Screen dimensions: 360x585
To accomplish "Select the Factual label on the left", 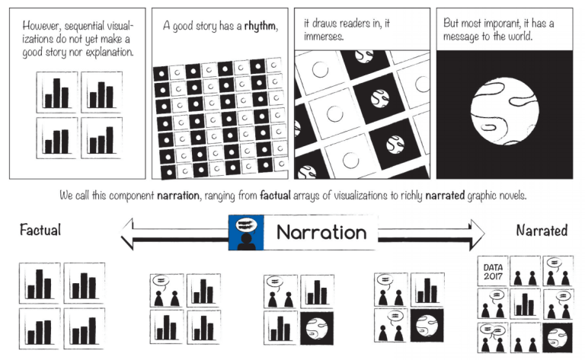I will pyautogui.click(x=40, y=230).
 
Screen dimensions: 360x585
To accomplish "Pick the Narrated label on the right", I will pyautogui.click(x=542, y=230).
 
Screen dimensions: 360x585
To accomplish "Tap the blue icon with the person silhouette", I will pyautogui.click(x=246, y=233).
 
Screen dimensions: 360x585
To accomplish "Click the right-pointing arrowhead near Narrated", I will pyautogui.click(x=478, y=234).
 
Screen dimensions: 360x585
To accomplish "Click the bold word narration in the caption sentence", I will pyautogui.click(x=177, y=196).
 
